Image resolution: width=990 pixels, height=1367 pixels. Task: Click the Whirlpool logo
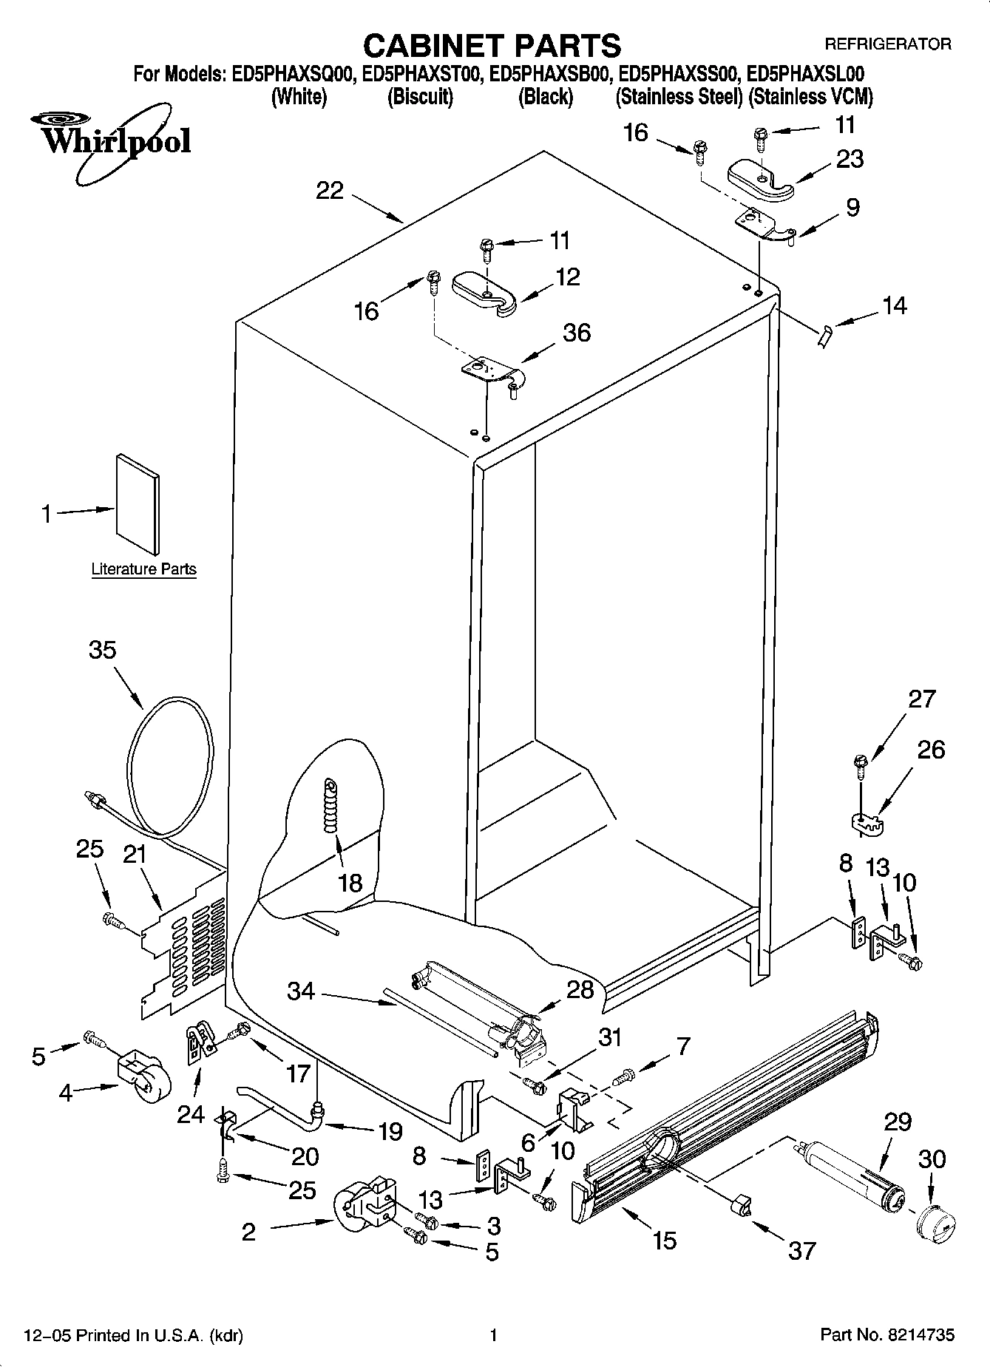111,140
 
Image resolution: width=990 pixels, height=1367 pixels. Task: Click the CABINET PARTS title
492,46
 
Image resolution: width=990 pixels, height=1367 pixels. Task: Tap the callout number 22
330,191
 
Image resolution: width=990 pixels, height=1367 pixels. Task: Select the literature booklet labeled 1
138,504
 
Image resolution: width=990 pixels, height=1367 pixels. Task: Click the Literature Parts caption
143,569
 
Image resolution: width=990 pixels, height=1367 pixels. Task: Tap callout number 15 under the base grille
665,1240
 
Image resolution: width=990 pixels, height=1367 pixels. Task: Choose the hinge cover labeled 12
484,291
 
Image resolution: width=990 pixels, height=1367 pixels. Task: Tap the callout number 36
577,333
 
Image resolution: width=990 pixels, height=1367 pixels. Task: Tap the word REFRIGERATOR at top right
887,44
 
